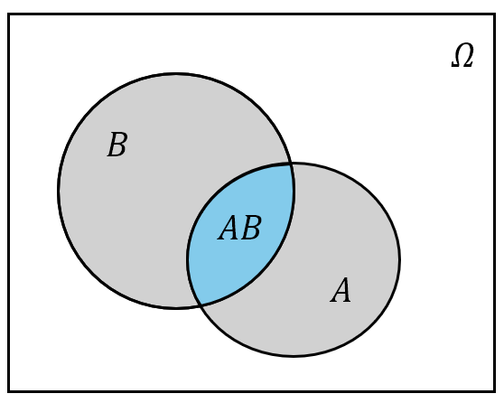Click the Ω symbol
click(x=462, y=56)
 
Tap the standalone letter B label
click(x=117, y=145)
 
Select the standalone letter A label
click(x=341, y=290)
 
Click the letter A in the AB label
click(x=229, y=228)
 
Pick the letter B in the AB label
click(x=251, y=228)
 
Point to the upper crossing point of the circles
click(x=291, y=164)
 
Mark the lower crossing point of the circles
click(x=201, y=305)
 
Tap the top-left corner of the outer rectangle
click(x=8, y=14)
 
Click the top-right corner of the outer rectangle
click(x=495, y=14)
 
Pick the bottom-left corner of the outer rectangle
click(x=8, y=391)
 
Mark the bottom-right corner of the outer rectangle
click(x=495, y=391)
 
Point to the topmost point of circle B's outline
click(x=176, y=74)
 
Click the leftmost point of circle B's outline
click(x=59, y=190)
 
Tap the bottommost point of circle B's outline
click(x=176, y=308)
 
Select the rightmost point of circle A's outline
click(x=400, y=260)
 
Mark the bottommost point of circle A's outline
click(x=294, y=356)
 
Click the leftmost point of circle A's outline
click(x=188, y=259)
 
